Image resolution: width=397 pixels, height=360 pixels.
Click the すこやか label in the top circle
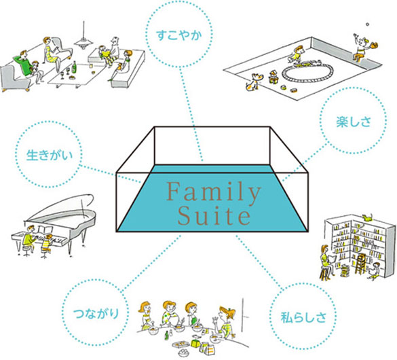179,35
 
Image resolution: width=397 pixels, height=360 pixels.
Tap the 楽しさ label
354,122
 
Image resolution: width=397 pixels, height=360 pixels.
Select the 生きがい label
50,155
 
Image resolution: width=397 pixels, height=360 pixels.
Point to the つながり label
96,313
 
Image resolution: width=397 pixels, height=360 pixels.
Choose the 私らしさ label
303,317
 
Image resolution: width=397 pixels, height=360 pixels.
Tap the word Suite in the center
214,216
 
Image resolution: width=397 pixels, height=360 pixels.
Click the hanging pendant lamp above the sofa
83,38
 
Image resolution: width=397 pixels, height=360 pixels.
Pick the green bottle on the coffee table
75,67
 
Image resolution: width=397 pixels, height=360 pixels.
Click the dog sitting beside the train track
252,82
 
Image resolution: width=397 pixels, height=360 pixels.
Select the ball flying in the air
367,24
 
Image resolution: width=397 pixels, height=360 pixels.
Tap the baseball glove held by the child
373,45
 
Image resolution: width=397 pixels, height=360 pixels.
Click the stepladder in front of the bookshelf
360,264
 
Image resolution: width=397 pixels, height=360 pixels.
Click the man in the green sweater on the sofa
23,64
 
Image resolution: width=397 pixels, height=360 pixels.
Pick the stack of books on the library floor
344,271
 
